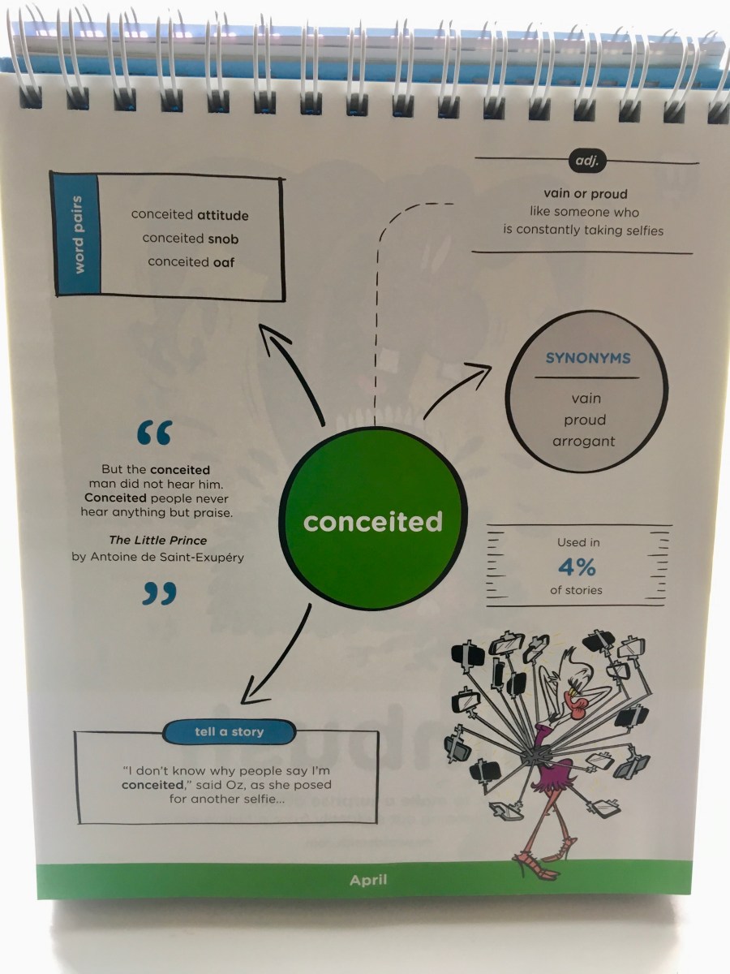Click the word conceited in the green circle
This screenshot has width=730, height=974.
pos(373,521)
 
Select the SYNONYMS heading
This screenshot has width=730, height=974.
pos(577,358)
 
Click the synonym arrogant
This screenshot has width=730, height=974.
pos(583,442)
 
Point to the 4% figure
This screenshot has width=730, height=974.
pos(578,566)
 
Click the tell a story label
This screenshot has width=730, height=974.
pos(229,732)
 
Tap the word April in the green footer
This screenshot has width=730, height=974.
pos(368,879)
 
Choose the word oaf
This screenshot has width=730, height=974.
pos(224,261)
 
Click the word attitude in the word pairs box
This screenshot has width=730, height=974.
pos(222,216)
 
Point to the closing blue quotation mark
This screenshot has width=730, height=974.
pos(159,594)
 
